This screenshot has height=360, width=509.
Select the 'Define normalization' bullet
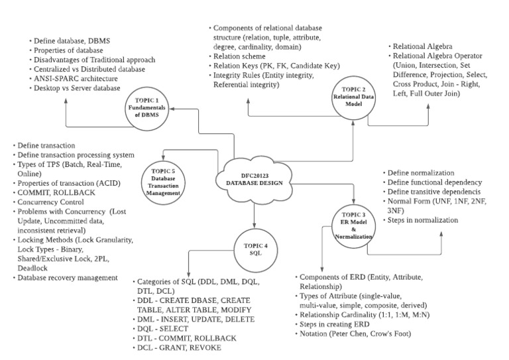[425, 172]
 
